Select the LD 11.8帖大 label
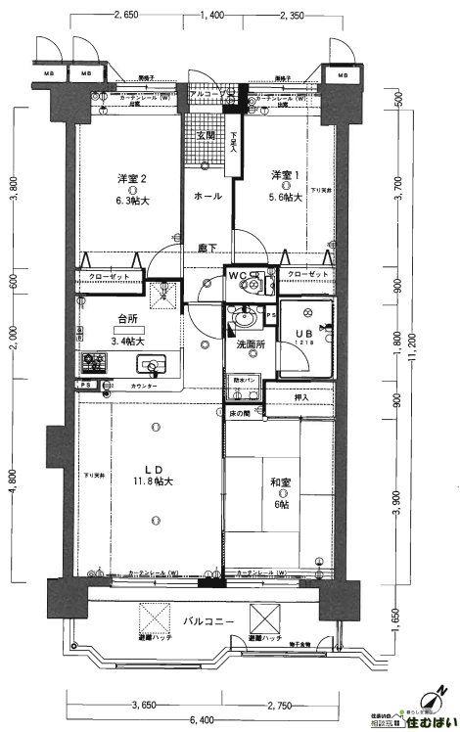152,474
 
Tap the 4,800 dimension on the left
13,482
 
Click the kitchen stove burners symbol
95,361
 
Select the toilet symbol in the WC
257,285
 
